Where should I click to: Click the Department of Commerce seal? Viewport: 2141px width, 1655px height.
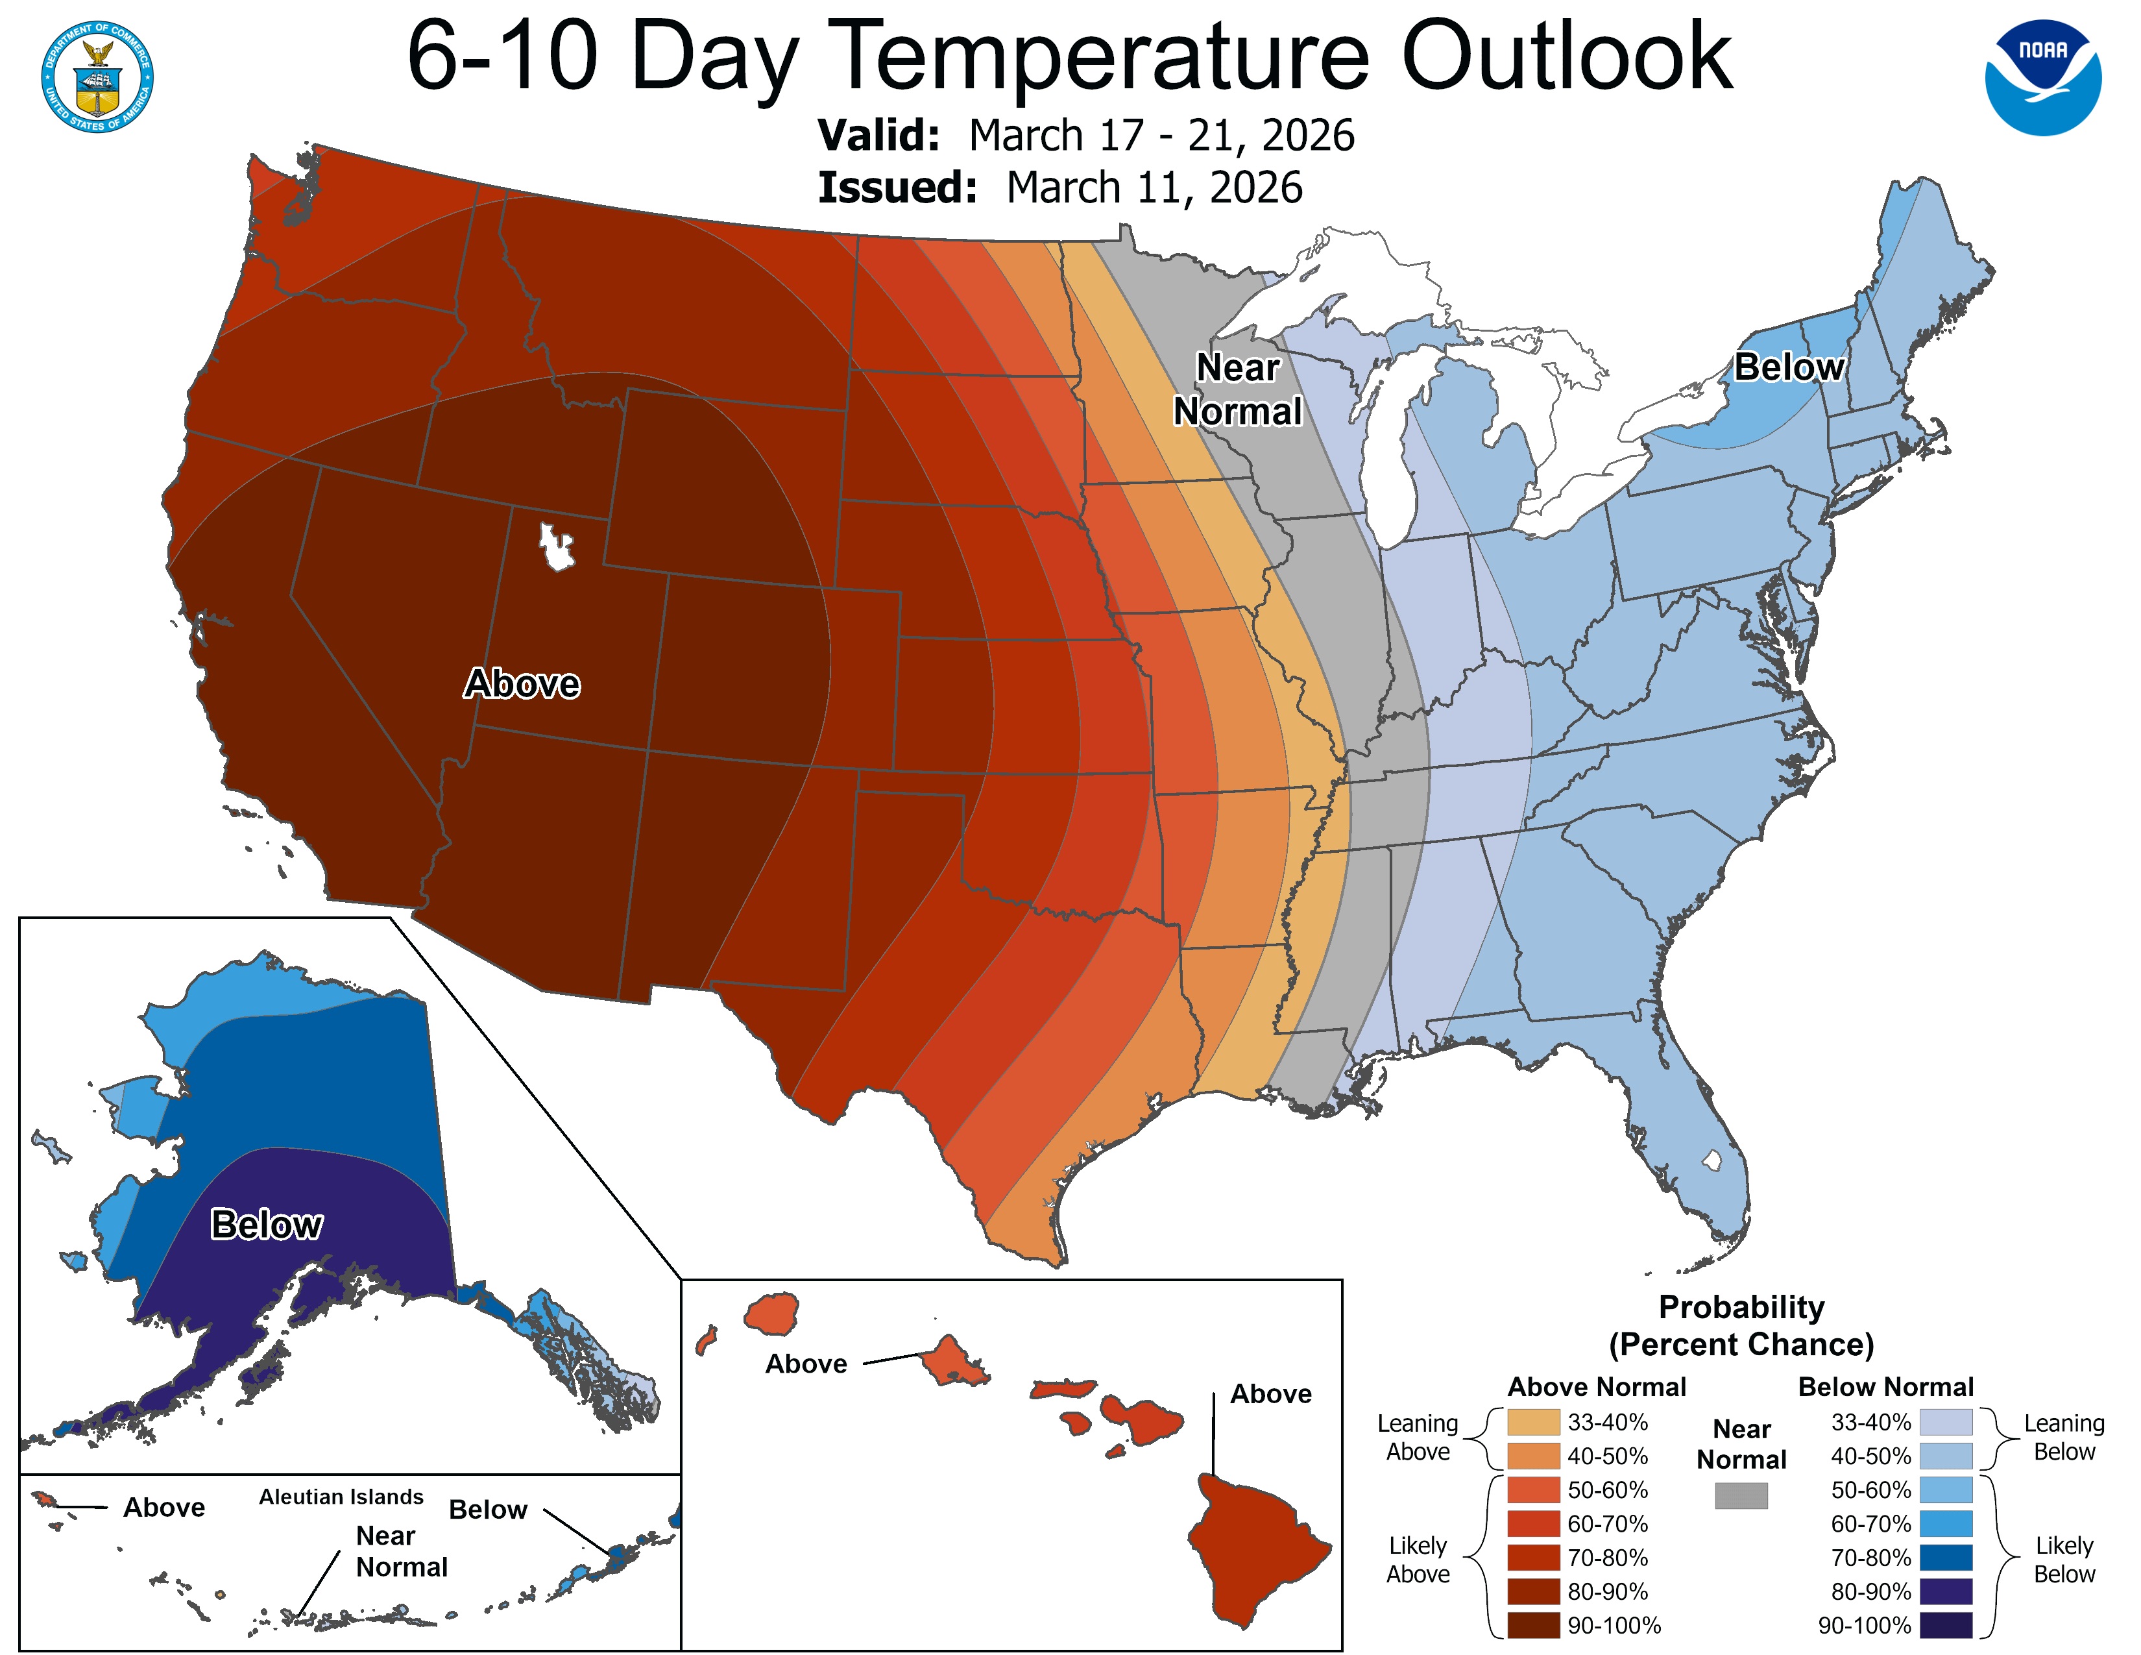tap(97, 77)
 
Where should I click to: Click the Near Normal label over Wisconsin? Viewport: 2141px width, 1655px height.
tap(1238, 389)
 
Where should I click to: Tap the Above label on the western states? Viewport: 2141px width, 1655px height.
tap(522, 683)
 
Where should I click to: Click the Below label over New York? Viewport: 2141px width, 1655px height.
tap(1789, 367)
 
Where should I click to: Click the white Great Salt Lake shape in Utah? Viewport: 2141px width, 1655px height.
tap(556, 546)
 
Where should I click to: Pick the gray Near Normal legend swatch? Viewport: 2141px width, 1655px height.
tap(1741, 1495)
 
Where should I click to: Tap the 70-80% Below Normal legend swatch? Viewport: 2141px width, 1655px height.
tap(1945, 1558)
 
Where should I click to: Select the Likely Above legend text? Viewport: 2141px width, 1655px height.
tap(1418, 1559)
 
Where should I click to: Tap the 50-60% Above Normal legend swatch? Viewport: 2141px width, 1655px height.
tap(1533, 1490)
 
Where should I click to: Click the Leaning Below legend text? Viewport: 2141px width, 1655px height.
tap(2064, 1438)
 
